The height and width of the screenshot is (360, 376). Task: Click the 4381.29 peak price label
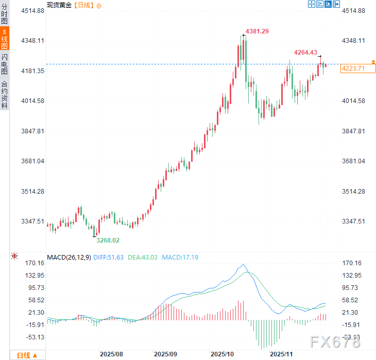257,31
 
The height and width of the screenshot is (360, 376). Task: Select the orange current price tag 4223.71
353,68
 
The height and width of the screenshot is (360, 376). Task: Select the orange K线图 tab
5,38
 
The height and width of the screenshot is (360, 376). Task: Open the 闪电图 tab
5,64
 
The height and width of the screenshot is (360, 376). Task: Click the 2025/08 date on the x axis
111,354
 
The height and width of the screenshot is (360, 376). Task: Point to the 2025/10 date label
221,354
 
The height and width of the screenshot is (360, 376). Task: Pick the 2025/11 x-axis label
282,354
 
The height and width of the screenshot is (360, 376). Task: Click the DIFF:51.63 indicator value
109,257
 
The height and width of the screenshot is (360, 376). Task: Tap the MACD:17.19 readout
180,257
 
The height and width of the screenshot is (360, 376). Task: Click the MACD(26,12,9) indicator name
69,257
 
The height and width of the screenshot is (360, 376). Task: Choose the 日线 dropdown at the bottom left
27,355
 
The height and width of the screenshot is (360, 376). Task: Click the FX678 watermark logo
335,341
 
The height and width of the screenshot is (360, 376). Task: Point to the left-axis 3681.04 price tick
33,161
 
